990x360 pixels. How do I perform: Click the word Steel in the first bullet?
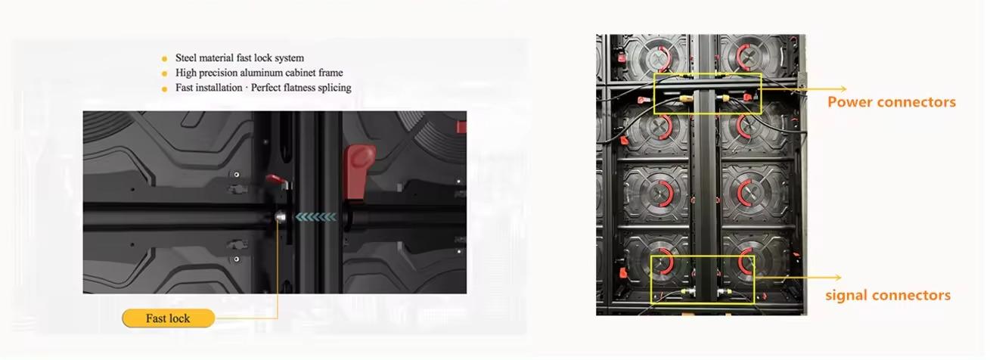185,58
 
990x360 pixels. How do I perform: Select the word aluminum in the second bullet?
259,73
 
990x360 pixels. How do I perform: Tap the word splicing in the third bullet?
334,88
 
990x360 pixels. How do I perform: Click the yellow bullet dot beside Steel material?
164,59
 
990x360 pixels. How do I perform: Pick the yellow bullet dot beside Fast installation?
164,88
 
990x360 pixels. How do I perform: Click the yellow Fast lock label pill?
169,318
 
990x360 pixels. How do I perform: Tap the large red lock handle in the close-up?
359,170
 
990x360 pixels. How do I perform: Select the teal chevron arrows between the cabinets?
316,216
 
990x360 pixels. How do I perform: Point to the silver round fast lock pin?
280,217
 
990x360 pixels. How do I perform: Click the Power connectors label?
892,102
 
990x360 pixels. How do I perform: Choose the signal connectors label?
888,295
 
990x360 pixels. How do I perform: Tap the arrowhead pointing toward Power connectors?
843,88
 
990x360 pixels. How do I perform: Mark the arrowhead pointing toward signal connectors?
838,278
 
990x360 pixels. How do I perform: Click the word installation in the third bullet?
219,88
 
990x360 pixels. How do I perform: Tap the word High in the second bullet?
184,73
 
